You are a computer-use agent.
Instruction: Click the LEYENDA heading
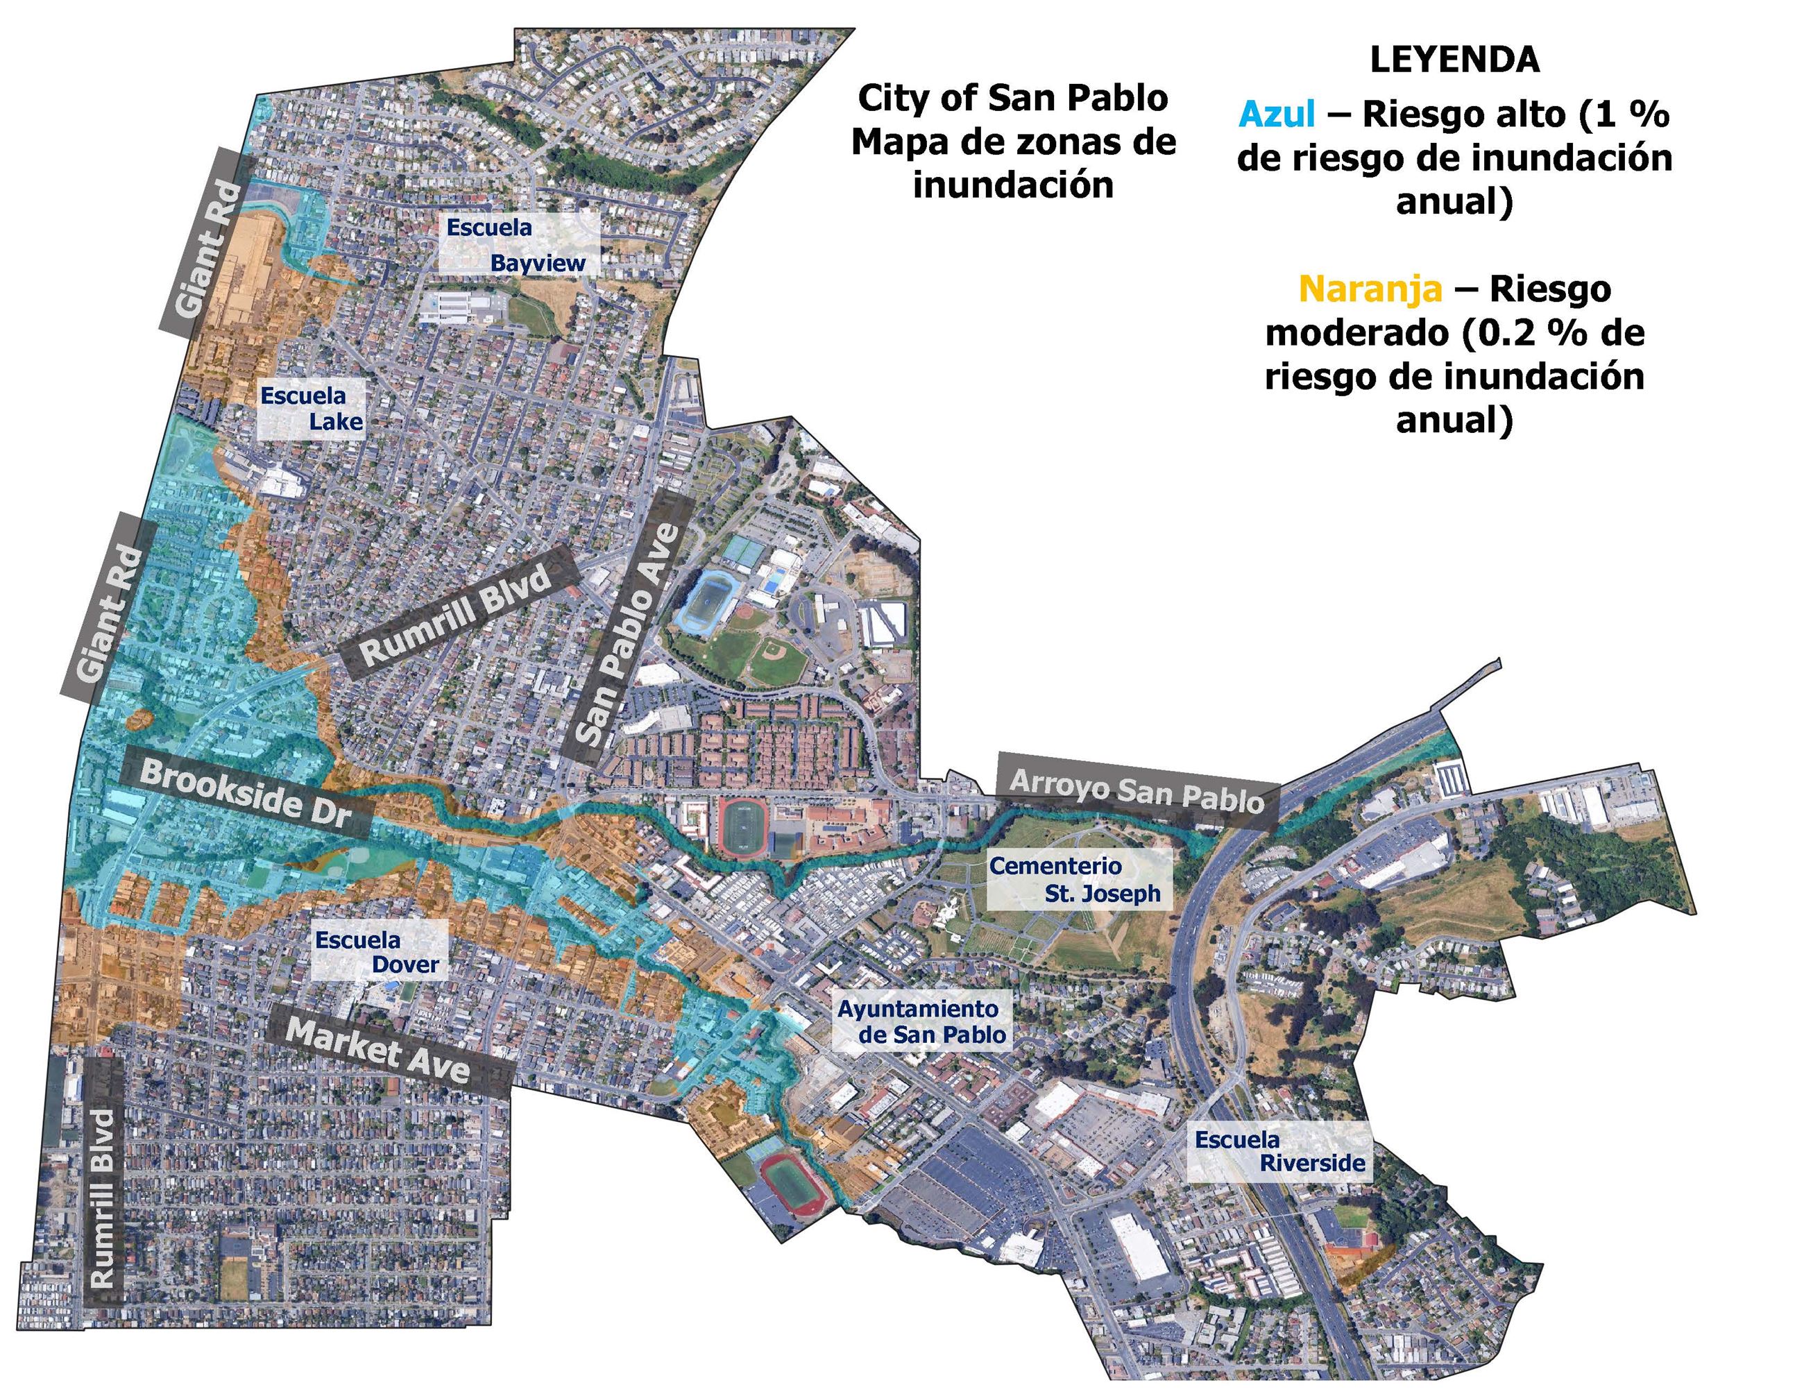coord(1454,60)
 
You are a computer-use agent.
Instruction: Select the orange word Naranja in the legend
coord(1370,289)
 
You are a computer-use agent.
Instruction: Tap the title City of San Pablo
coord(1013,99)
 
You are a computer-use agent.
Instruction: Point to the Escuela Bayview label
coord(517,244)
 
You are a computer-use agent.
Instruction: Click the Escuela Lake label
coord(312,408)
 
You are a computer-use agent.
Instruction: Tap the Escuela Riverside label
coord(1279,1151)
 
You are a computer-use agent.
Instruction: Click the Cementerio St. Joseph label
coord(1075,880)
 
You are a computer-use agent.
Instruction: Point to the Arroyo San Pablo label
coord(1137,791)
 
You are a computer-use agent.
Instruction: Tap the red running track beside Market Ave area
coord(791,1186)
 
